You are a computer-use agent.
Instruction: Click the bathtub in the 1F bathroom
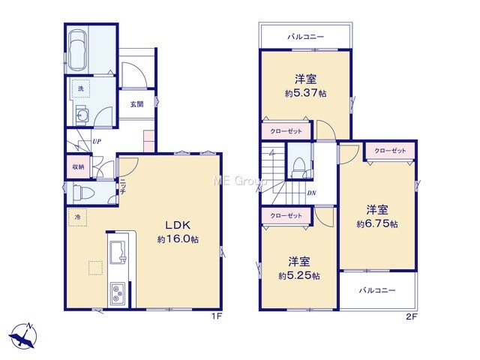point(77,51)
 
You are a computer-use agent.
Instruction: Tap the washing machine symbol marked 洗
point(80,88)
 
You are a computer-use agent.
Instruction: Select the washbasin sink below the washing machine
point(82,115)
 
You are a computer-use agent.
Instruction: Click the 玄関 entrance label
point(136,104)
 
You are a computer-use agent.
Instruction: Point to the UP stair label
point(97,142)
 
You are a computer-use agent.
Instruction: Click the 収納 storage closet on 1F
point(79,166)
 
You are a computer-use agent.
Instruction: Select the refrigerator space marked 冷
point(78,217)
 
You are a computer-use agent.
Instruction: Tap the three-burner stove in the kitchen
point(118,293)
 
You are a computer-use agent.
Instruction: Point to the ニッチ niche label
point(122,187)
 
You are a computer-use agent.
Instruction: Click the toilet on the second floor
point(298,168)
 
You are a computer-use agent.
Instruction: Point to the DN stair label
point(312,193)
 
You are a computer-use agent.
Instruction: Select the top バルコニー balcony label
point(305,37)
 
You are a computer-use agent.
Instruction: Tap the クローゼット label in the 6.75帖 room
point(390,151)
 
